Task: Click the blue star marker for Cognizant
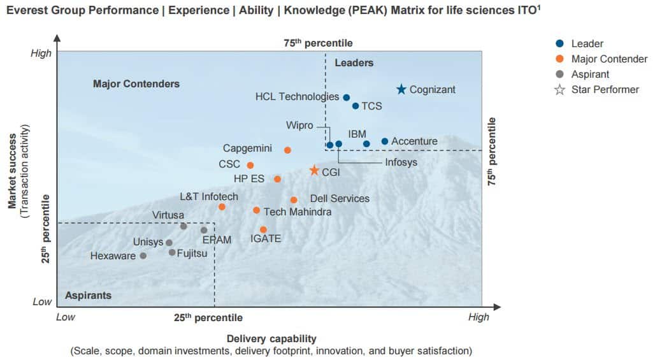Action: (401, 90)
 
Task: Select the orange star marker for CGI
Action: (314, 171)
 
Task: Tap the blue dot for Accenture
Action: (385, 141)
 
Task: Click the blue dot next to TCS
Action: (356, 106)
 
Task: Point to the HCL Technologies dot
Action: (347, 97)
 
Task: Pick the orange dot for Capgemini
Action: (287, 150)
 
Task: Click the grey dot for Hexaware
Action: (143, 256)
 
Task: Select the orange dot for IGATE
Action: (263, 229)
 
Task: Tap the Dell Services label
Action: (339, 199)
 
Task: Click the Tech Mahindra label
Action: (297, 212)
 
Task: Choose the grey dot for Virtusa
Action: (184, 226)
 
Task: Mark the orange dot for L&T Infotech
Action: (222, 207)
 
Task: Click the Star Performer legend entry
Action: (605, 90)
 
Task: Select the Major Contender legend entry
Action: (608, 59)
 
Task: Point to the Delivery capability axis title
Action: (271, 338)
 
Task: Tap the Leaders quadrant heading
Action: (354, 62)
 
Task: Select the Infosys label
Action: (401, 162)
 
